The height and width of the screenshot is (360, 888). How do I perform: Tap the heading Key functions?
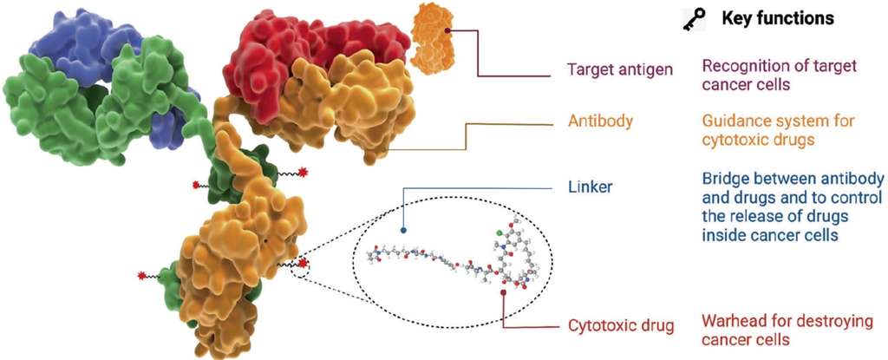(x=778, y=17)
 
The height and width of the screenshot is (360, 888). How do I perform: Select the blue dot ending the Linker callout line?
(x=403, y=231)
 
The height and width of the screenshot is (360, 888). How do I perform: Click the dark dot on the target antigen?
(x=447, y=31)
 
